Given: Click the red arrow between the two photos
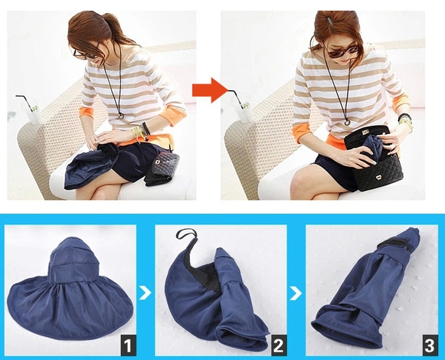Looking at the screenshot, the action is tap(210, 90).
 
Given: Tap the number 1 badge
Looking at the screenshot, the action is tap(128, 345).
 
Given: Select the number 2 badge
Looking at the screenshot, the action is tap(278, 345).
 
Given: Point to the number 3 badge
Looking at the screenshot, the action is tap(430, 345).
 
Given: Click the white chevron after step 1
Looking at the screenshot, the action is tap(145, 293).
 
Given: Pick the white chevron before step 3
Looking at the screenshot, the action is tap(296, 293).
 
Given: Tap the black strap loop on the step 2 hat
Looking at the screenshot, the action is tap(186, 234).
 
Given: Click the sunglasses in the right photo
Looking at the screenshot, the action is tap(342, 51).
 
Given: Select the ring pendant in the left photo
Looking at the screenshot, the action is tap(121, 116).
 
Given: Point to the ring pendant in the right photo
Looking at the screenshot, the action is tap(348, 122).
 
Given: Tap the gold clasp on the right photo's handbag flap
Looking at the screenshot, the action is tap(379, 178).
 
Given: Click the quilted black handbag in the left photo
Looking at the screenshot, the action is tap(162, 169).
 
